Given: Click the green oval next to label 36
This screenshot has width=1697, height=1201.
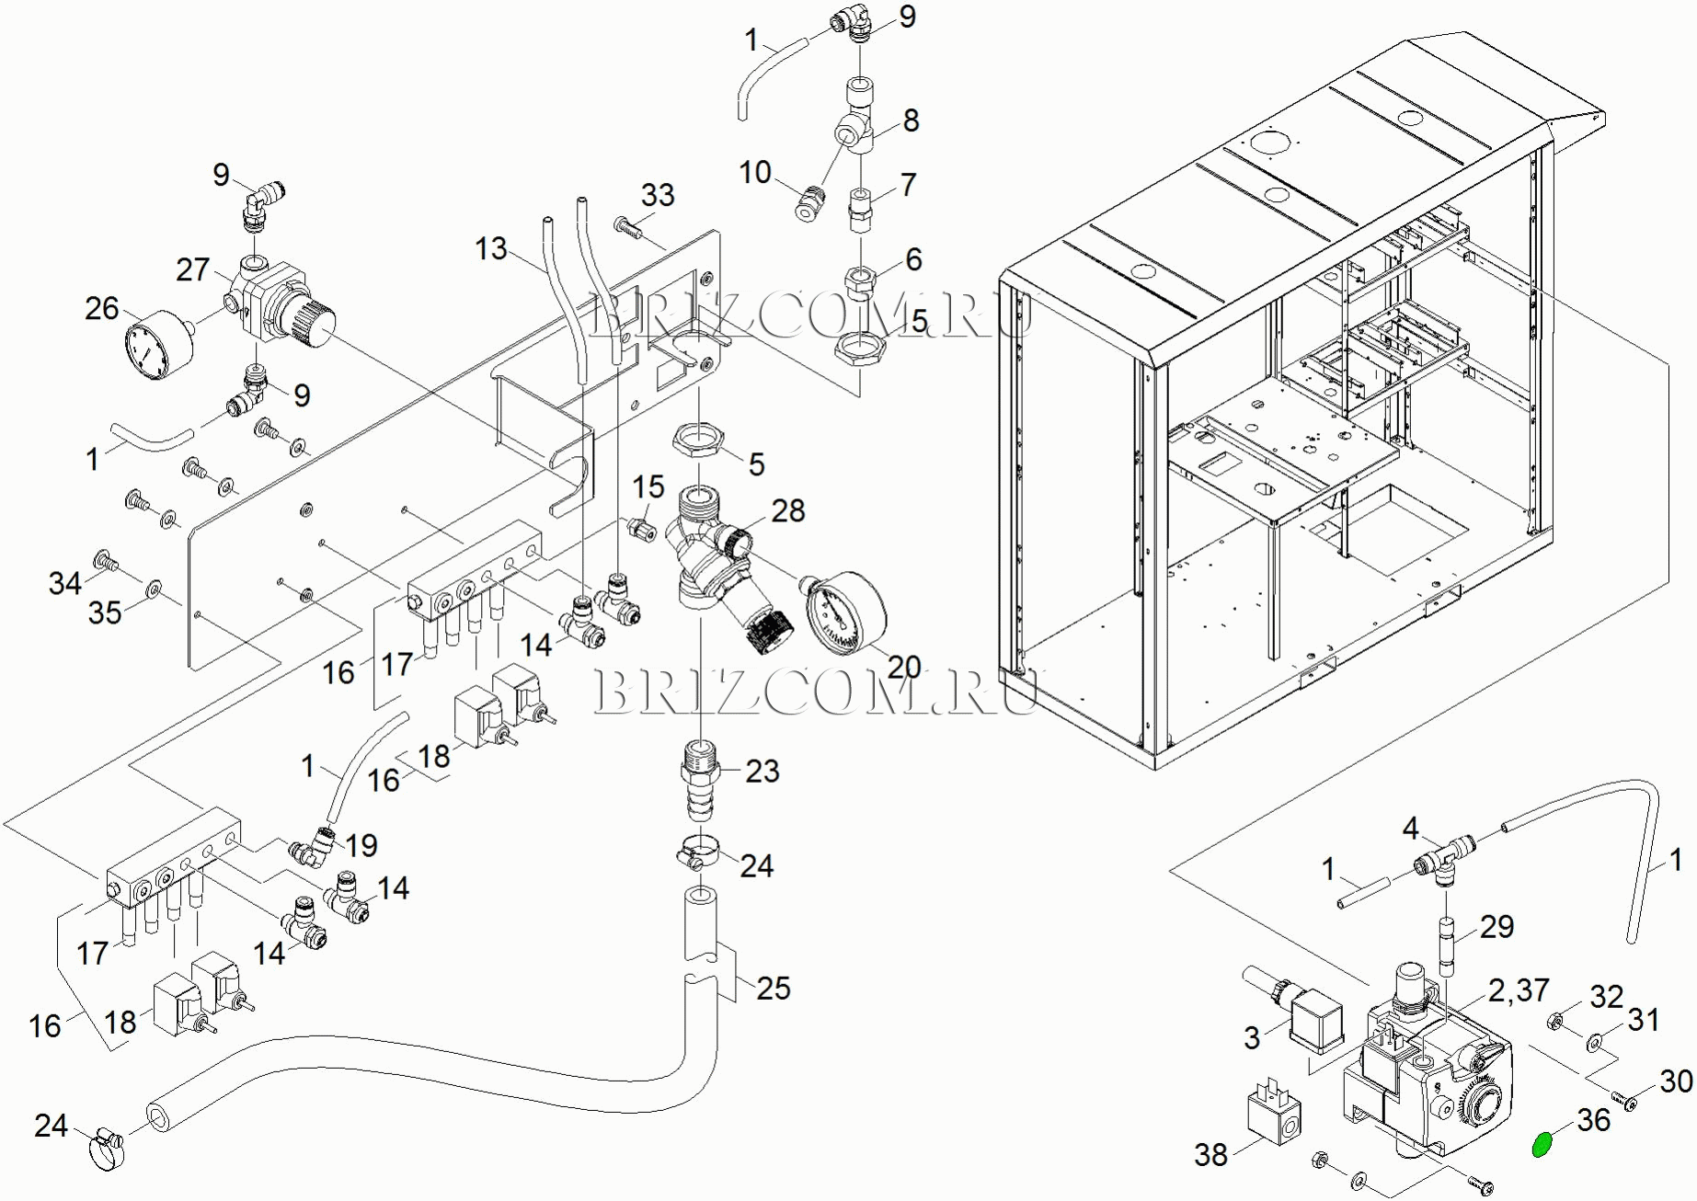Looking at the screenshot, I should point(1542,1144).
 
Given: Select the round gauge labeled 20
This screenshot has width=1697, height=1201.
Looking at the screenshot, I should point(846,612).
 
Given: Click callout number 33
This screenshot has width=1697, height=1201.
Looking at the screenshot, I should point(658,195).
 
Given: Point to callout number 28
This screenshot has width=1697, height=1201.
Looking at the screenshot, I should point(788,510).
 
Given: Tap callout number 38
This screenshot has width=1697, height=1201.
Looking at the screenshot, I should point(1210,1154).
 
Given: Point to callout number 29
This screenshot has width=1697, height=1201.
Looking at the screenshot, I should point(1496,926).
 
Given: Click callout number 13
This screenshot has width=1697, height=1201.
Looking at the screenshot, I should point(491,248).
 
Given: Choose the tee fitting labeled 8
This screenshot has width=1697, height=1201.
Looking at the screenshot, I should point(857,129).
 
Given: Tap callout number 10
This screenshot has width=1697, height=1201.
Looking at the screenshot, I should point(755,172).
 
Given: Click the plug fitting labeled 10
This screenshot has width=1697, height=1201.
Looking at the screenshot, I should point(807,202).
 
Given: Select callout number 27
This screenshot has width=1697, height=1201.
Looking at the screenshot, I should point(193,269).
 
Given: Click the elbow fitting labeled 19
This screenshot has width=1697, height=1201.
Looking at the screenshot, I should point(315,846).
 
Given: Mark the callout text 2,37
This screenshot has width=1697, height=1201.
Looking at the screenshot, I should point(1519,990).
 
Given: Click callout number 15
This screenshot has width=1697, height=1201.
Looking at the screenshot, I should point(648,487).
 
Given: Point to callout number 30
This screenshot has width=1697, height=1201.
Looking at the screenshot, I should point(1676,1081).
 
